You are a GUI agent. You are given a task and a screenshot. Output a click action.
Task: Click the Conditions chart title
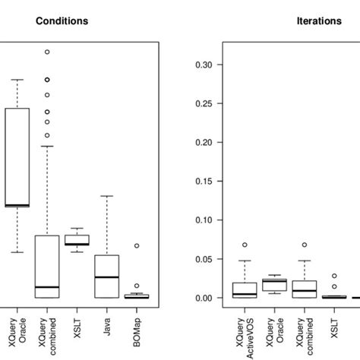pos(62,21)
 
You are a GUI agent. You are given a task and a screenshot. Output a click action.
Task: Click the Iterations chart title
pos(318,21)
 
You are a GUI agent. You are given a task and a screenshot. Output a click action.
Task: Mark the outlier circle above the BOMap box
pos(137,245)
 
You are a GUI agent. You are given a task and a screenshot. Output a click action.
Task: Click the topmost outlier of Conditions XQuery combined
pos(47,52)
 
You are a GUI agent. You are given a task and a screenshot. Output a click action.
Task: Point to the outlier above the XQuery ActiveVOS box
pos(245,245)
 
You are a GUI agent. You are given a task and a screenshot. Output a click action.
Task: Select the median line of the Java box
pos(107,277)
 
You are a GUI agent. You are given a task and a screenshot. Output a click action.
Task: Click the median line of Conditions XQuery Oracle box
pos(17,205)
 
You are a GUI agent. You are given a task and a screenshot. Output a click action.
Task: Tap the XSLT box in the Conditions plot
pos(77,240)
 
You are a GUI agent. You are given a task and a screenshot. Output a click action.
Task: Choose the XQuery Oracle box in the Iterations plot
pos(274,284)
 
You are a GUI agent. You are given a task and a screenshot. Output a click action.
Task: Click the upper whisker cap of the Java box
pos(107,196)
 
